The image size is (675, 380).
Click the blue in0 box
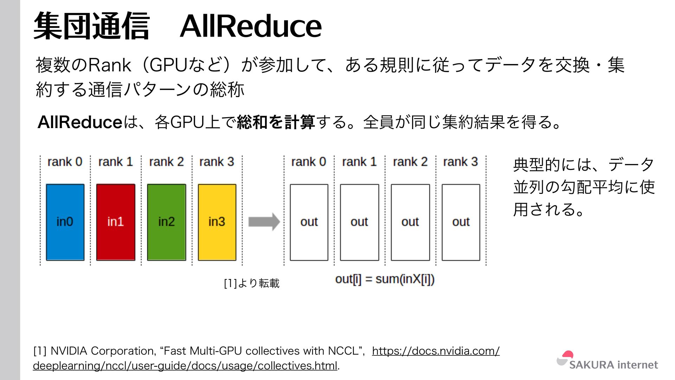tap(65, 222)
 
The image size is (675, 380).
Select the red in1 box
tap(116, 222)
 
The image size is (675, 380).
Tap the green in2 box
tap(166, 222)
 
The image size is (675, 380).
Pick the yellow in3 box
tap(217, 222)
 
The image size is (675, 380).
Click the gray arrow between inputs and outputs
tap(264, 222)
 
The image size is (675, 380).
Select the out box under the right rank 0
tap(309, 222)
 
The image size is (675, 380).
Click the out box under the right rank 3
tap(461, 222)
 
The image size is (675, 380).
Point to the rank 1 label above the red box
tap(115, 162)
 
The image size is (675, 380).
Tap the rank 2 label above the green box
tap(166, 162)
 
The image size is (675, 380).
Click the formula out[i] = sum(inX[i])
tap(385, 279)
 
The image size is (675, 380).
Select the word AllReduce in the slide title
tap(251, 26)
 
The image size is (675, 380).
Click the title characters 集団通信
tap(92, 26)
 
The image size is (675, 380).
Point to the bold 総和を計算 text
tap(276, 122)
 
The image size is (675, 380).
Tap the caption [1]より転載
tap(252, 283)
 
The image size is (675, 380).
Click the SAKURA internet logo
tap(607, 361)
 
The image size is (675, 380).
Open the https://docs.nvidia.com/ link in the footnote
tap(436, 351)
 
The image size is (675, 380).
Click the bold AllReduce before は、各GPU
tap(80, 122)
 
